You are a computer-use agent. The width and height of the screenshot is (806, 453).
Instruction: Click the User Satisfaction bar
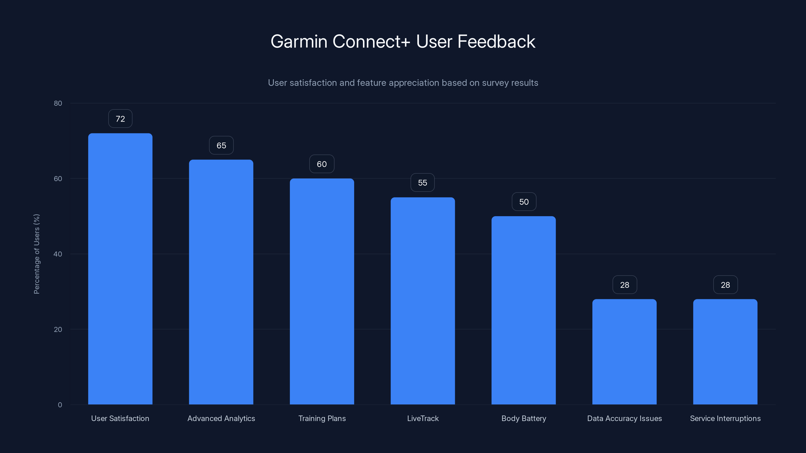[x=120, y=269]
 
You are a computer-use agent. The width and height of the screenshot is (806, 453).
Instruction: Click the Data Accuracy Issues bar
[x=624, y=352]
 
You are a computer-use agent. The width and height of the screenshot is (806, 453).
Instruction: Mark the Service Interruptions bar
[x=725, y=352]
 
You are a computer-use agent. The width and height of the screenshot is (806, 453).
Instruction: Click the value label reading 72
[x=120, y=119]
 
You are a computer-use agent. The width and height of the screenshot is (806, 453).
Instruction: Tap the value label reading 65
[x=221, y=145]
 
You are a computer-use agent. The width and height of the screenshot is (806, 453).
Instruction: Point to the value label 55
[x=422, y=182]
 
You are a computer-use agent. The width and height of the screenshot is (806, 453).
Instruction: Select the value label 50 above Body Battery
[x=524, y=202]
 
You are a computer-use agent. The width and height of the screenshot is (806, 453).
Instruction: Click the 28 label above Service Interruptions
[x=725, y=285]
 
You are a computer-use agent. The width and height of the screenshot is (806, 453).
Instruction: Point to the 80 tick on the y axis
[x=58, y=103]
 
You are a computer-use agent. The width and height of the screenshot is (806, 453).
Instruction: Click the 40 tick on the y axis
[x=58, y=254]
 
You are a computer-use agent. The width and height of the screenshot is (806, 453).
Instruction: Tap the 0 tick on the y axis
[x=60, y=405]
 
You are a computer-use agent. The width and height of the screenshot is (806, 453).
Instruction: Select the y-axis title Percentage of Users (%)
[x=37, y=254]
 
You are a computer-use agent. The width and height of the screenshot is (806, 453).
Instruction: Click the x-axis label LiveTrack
[x=423, y=418]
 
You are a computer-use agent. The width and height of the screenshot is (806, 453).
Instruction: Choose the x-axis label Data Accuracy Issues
[x=624, y=418]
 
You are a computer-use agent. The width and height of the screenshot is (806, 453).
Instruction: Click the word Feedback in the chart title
[x=496, y=42]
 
